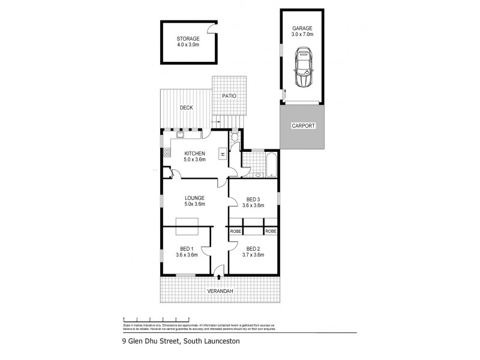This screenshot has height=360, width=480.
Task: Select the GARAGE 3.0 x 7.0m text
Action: coord(302,31)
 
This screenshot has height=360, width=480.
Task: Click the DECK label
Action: coord(186,108)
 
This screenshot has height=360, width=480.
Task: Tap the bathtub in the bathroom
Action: coord(271,163)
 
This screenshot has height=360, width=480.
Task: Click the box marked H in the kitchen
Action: coord(222,154)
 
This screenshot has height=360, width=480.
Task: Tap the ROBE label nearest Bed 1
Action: coord(235,231)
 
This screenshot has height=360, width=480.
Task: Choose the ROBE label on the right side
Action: coord(271,231)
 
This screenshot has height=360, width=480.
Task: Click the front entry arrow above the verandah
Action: coord(218,277)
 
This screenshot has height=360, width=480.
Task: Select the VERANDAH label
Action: coord(220,291)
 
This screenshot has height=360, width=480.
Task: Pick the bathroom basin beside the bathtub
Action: coord(257,175)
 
